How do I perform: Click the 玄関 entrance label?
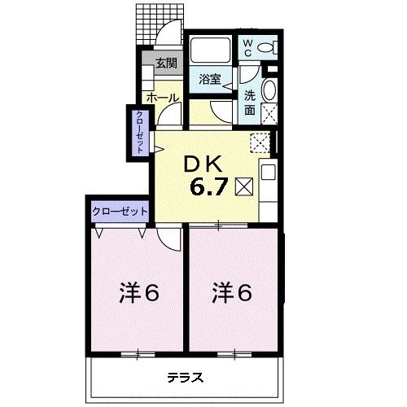pyautogui.click(x=166, y=63)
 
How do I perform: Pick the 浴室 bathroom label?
pyautogui.click(x=210, y=79)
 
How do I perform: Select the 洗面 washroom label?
pyautogui.click(x=251, y=101)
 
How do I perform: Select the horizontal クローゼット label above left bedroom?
pyautogui.click(x=120, y=211)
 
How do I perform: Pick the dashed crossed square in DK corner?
pyautogui.click(x=261, y=142)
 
